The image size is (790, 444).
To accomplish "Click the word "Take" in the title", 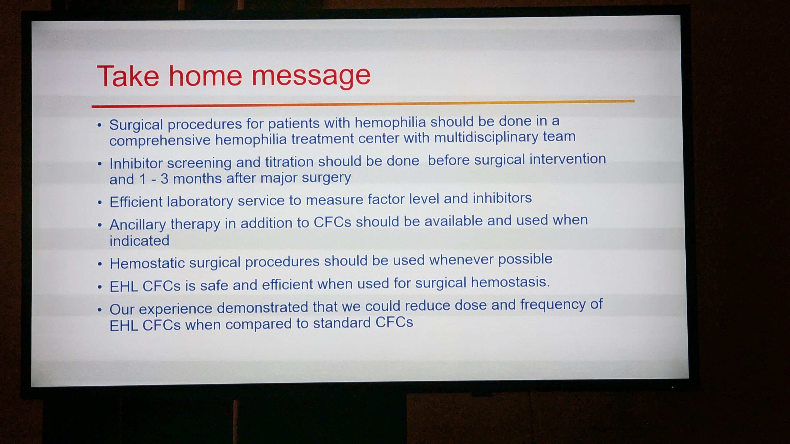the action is (x=128, y=76).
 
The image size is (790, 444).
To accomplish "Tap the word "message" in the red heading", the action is (x=311, y=77).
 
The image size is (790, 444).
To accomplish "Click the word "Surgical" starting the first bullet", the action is (x=136, y=125).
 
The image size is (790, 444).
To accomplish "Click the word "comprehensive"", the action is (x=160, y=141).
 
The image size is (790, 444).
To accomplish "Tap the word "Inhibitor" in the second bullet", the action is (x=136, y=163).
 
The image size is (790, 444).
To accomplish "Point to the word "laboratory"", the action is (x=200, y=202).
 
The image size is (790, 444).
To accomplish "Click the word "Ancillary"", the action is (x=138, y=225).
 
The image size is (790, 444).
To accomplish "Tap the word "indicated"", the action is (x=139, y=240).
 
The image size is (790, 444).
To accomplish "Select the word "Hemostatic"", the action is (x=147, y=263).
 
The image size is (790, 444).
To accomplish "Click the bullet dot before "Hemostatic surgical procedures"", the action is (x=100, y=264).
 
